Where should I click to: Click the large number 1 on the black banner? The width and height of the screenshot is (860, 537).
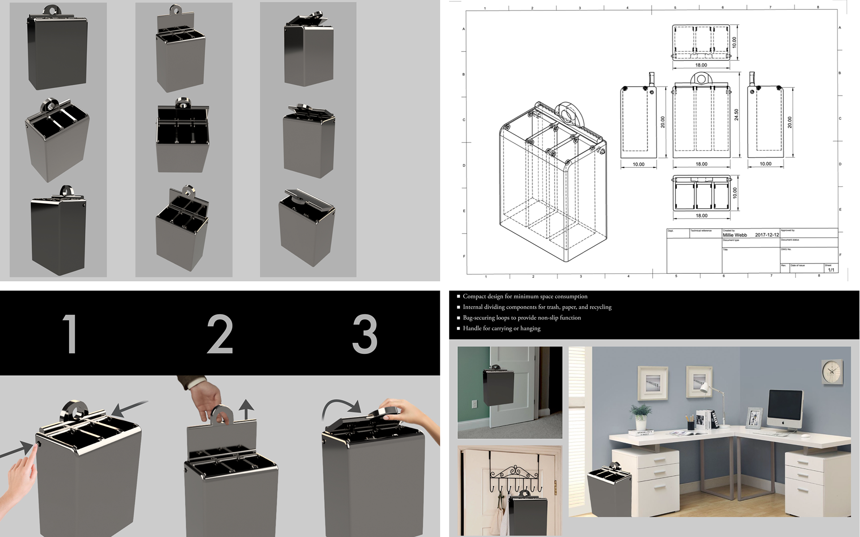70,334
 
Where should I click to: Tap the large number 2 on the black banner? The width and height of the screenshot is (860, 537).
220,334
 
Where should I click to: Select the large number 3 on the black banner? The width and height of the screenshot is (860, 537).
365,334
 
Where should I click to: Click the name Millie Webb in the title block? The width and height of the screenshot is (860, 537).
735,235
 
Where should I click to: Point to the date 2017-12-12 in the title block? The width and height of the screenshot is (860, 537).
767,235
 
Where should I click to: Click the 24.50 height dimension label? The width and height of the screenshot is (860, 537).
736,115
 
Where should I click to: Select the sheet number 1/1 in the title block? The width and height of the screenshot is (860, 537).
831,270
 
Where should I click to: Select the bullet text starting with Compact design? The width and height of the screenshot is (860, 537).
525,296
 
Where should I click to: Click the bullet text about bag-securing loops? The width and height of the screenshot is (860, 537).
521,318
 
